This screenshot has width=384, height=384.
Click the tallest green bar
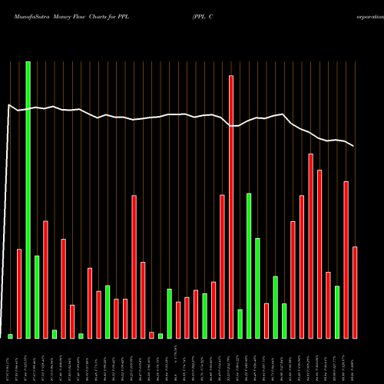point(28,200)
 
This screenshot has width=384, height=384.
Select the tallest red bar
point(230,207)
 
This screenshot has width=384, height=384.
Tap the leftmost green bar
point(10,336)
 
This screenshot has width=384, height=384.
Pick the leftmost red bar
point(19,293)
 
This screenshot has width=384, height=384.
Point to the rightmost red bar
point(355,292)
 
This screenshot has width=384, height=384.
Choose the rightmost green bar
point(337,312)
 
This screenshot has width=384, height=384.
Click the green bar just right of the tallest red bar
point(240,323)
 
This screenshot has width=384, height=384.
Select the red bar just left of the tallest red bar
point(222,266)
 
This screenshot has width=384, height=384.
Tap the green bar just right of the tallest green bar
point(37,296)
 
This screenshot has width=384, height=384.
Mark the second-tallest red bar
point(310,246)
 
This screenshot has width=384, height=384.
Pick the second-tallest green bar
point(249,265)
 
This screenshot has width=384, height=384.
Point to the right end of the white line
point(354,146)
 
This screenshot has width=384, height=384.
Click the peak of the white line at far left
point(8,105)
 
